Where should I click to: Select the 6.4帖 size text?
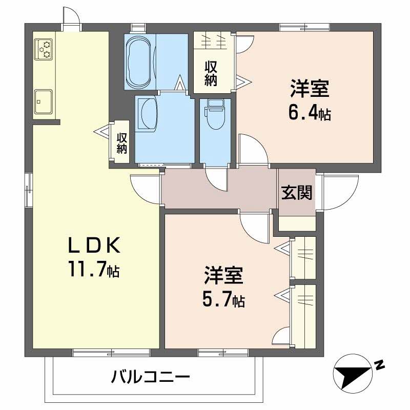311,112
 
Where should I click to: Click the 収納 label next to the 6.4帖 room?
211,73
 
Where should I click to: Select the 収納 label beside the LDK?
121,143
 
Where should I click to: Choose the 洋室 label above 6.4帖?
310,89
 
